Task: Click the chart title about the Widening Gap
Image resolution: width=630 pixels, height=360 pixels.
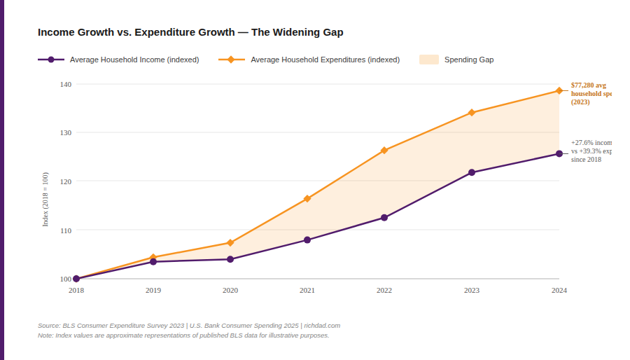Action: pos(190,32)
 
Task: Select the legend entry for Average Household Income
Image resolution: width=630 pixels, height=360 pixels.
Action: pos(119,60)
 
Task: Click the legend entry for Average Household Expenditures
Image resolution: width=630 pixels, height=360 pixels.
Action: pos(309,60)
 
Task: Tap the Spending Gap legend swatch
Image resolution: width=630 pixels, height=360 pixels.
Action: pos(428,60)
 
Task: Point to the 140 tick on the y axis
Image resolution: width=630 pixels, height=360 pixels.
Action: pos(65,84)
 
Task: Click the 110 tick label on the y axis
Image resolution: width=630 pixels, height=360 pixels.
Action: pos(65,230)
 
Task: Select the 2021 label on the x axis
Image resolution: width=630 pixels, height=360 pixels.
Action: pos(307,290)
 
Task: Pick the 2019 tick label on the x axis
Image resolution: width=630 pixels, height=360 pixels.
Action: pos(153,290)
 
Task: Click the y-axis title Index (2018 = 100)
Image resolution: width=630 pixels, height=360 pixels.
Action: pos(46,199)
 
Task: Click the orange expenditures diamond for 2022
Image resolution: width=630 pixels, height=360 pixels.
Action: pos(384,151)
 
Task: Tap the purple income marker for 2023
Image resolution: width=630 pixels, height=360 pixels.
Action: pos(472,172)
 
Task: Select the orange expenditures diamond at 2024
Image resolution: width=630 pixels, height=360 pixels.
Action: pos(559,90)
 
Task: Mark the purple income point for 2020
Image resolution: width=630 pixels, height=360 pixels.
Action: pos(230,259)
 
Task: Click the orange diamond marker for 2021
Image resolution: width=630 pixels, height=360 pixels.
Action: pos(307,199)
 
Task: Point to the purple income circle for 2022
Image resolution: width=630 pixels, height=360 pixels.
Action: pos(384,218)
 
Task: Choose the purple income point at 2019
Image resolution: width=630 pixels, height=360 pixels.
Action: pos(153,262)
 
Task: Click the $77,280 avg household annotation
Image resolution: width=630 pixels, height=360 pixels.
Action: pos(590,93)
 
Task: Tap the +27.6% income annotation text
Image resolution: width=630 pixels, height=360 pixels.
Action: pos(590,151)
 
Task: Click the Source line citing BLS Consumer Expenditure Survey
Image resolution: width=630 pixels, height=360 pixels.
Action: pos(189,326)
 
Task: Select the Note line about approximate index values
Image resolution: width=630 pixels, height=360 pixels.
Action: pos(183,335)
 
